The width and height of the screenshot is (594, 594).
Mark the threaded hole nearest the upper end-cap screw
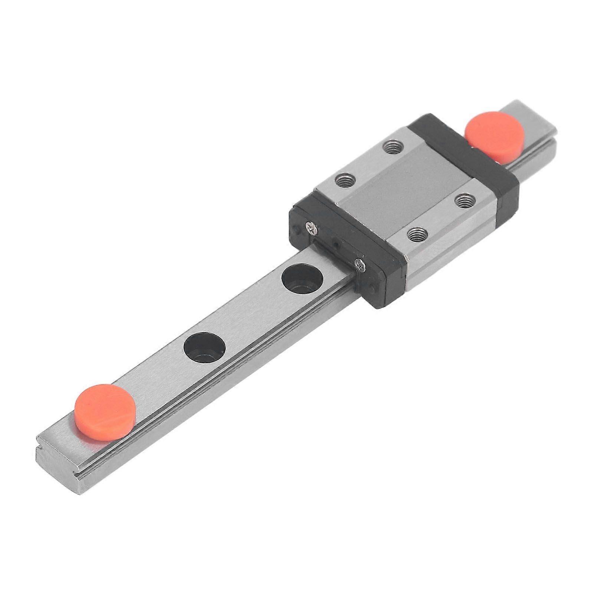[345, 180]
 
